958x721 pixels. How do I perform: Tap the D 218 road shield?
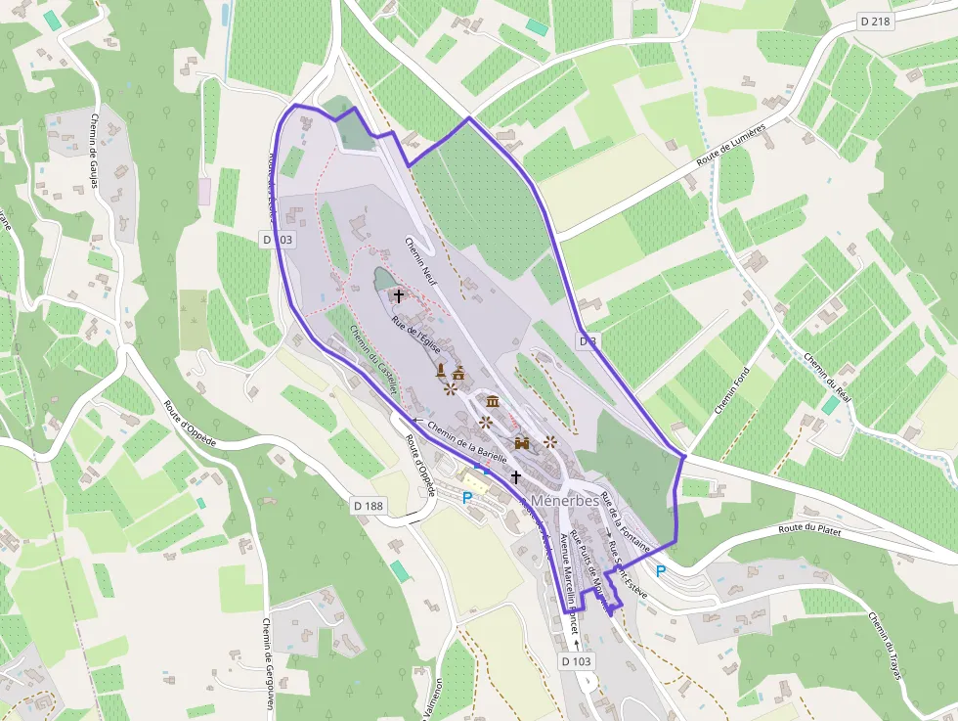(877, 20)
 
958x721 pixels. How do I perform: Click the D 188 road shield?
(367, 505)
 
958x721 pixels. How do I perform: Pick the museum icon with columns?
(492, 401)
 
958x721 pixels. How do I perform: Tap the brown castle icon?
(521, 443)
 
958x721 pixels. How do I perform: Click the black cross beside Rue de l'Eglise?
(398, 294)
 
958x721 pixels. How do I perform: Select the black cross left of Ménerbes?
(515, 476)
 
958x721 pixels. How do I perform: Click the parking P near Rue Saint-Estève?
(661, 570)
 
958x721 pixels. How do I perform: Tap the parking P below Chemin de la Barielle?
(467, 497)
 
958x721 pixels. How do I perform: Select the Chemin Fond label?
(731, 390)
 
